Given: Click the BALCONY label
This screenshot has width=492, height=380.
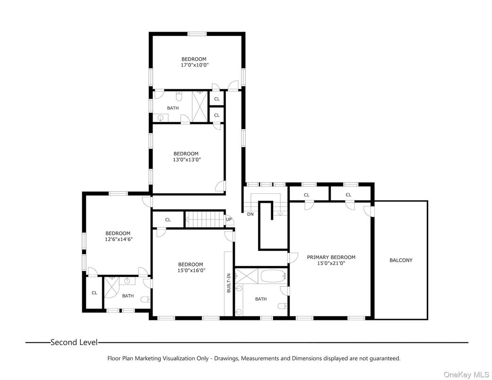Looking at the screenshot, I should pyautogui.click(x=401, y=260).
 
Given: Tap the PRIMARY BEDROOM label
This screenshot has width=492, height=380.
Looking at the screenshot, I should pyautogui.click(x=331, y=258).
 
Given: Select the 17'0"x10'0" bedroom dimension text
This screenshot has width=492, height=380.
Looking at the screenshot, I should pyautogui.click(x=194, y=65).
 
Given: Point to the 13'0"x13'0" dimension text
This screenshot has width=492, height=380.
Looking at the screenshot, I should pyautogui.click(x=186, y=160).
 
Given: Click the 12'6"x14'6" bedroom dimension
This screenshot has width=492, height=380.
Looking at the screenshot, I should pyautogui.click(x=118, y=239).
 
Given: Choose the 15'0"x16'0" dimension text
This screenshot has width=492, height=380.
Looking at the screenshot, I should pyautogui.click(x=190, y=270).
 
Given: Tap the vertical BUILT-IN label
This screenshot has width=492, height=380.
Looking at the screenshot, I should pyautogui.click(x=229, y=283).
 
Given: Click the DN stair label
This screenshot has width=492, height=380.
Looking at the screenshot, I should pyautogui.click(x=250, y=214).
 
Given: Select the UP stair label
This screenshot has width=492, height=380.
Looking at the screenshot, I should pyautogui.click(x=229, y=219).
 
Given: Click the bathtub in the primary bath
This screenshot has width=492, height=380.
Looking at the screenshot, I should pyautogui.click(x=271, y=276).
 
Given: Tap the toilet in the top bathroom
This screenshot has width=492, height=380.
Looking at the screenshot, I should pyautogui.click(x=179, y=97).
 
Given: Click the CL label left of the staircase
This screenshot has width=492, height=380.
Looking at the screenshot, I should pyautogui.click(x=168, y=220).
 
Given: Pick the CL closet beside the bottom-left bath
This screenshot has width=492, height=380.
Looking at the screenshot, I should pyautogui.click(x=94, y=293).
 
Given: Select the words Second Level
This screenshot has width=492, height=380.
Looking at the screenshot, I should pyautogui.click(x=74, y=342).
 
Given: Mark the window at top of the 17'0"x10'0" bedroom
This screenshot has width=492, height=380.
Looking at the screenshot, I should pyautogui.click(x=197, y=34).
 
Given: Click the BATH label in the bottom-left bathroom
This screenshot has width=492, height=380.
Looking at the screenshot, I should pyautogui.click(x=128, y=296).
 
